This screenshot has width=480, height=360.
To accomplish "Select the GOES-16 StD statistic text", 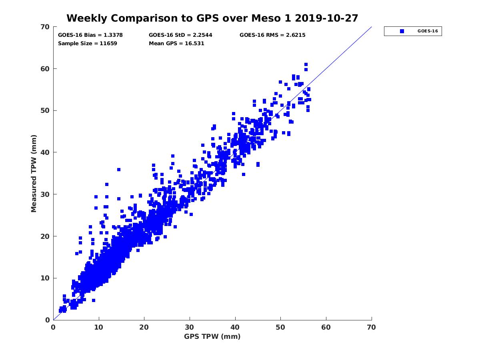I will (180, 35).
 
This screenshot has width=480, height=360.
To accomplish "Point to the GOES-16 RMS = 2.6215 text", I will (272, 35).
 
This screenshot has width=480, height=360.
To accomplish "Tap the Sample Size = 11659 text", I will (88, 44).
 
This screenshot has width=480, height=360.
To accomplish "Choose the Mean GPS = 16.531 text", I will (176, 44).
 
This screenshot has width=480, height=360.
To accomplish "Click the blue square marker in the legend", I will (402, 31).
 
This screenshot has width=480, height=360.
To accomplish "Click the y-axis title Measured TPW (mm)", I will (34, 173).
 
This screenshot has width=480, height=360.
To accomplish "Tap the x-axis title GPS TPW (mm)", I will (212, 336).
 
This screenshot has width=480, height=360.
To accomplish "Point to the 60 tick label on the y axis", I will (46, 69).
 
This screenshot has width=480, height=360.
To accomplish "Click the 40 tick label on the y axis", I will (46, 152).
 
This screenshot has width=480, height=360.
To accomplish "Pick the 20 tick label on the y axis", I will (46, 236).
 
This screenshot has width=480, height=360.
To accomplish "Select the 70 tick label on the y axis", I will (46, 27).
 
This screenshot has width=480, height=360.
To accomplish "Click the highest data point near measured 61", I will (306, 64).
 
